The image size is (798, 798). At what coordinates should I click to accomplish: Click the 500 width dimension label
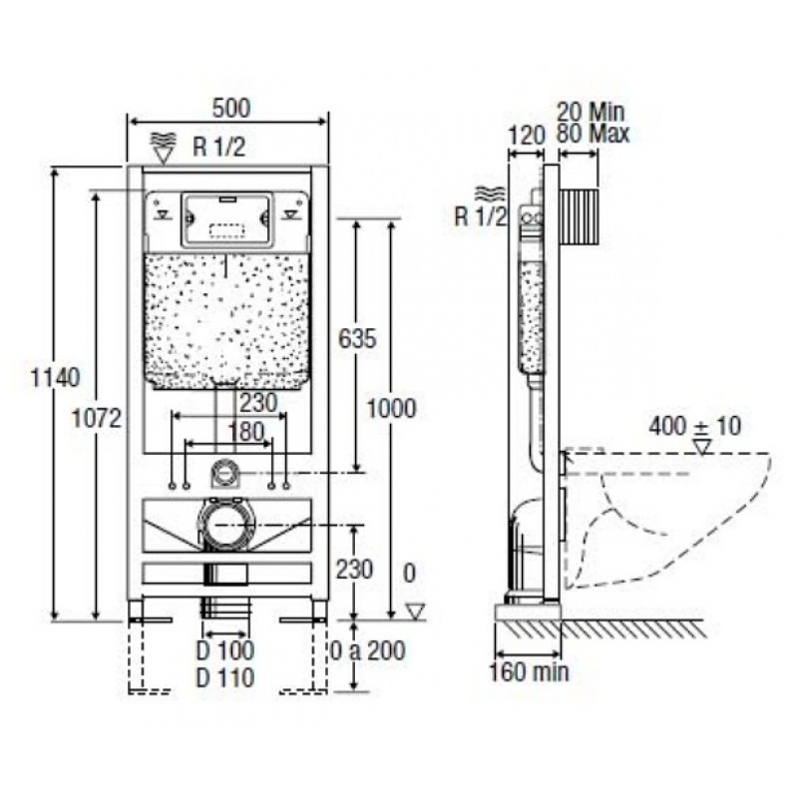(231, 108)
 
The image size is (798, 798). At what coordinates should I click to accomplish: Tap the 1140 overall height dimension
(56, 378)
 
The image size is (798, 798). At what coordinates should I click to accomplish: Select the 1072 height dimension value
(97, 418)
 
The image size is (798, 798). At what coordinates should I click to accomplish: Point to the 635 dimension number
(357, 338)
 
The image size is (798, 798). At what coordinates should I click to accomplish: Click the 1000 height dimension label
(391, 408)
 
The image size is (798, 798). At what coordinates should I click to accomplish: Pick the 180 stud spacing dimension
(246, 432)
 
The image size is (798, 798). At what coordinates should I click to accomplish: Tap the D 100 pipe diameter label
(225, 650)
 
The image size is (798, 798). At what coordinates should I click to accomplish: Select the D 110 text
(225, 677)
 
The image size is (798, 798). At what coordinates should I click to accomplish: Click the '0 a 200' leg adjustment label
(367, 650)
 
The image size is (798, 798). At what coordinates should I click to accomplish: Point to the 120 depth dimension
(527, 136)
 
